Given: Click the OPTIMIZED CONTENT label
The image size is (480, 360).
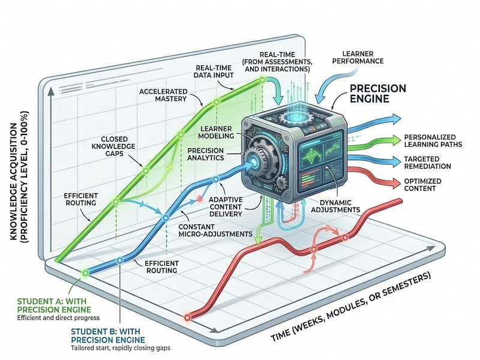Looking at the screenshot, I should tap(422, 185).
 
